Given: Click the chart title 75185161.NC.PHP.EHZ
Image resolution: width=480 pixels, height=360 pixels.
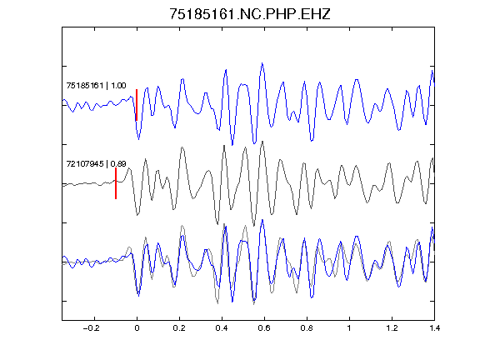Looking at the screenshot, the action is tap(250, 14).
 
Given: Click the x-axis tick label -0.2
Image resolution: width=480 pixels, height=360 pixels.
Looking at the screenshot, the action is tap(91, 328).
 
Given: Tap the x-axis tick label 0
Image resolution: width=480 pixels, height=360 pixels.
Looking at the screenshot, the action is tap(137, 328).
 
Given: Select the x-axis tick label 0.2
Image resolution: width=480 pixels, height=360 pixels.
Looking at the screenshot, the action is tap(179, 328).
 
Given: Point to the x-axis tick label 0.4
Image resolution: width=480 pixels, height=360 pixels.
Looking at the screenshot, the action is tap(222, 328).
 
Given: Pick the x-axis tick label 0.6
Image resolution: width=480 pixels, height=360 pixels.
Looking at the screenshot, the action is tap(264, 328).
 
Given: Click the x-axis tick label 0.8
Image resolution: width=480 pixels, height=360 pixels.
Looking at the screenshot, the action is tap(307, 328).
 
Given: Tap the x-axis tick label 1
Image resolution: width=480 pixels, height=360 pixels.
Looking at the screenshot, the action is tap(349, 328).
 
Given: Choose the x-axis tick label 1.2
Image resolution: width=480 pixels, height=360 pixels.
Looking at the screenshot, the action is tap(392, 328).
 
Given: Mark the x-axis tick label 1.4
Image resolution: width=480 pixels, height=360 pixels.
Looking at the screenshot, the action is tap(434, 328).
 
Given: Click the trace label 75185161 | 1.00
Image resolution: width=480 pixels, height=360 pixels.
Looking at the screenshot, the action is tap(96, 85).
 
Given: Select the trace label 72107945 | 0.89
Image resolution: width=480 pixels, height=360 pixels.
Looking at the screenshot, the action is tap(96, 164).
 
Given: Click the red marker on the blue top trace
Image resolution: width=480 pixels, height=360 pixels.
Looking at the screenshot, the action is tap(137, 105).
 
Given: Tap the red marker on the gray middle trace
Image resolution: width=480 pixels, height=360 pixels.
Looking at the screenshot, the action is tap(116, 183).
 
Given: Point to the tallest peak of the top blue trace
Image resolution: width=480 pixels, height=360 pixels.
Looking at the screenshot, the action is tap(262, 63).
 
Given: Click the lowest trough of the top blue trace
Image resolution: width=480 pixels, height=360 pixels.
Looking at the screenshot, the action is tap(232, 144).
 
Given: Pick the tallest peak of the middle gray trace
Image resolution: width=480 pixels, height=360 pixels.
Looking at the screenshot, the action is tap(262, 142).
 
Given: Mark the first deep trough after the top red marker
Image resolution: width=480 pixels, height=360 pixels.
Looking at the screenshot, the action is tap(138, 139).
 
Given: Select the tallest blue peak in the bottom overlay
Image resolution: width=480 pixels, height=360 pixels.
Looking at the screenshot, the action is tap(262, 220).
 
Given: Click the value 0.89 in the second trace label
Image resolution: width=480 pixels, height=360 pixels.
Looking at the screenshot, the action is tap(118, 164).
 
